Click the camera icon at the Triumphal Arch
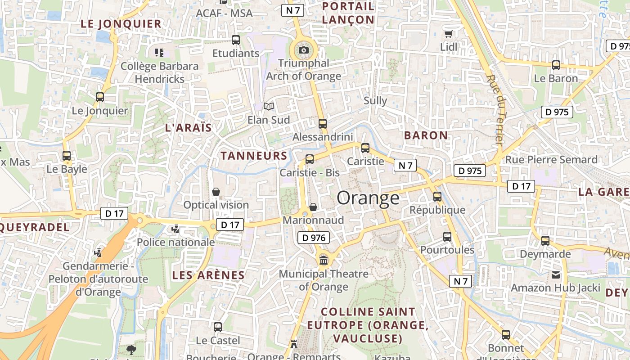click(x=304, y=50)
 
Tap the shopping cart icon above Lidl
click(x=448, y=34)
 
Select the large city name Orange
click(x=368, y=198)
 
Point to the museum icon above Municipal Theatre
click(x=323, y=260)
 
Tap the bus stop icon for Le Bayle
click(x=67, y=156)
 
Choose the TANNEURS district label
click(x=254, y=156)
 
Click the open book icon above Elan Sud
click(x=269, y=107)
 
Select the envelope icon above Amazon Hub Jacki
click(x=556, y=274)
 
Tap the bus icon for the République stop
click(x=437, y=197)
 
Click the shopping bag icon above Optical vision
click(x=216, y=192)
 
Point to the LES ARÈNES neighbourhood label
click(x=208, y=275)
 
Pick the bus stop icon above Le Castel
click(x=218, y=327)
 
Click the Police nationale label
click(x=175, y=242)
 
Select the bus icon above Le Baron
click(x=556, y=65)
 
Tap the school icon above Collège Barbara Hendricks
click(x=159, y=53)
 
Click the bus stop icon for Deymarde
click(x=545, y=241)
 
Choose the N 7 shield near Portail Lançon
click(x=292, y=10)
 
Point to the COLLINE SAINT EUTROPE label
click(x=368, y=324)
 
